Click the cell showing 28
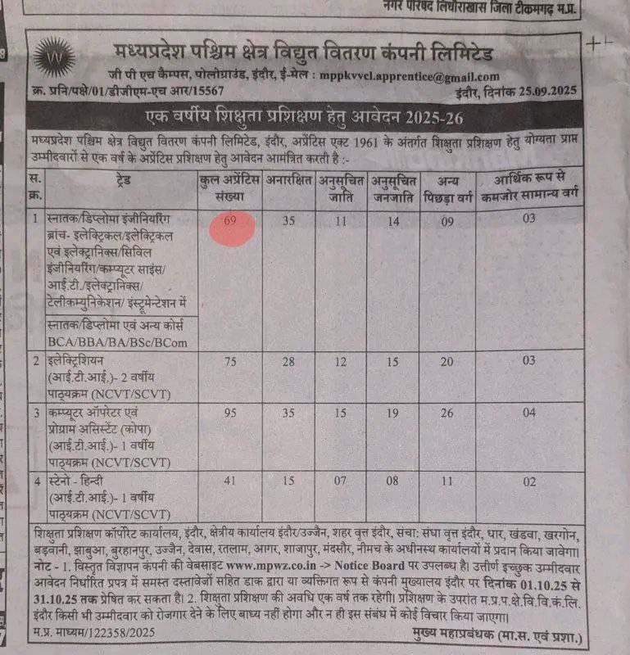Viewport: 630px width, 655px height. tap(288, 362)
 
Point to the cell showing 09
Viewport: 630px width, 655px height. tap(445, 220)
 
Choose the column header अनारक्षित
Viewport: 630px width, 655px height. tap(288, 183)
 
